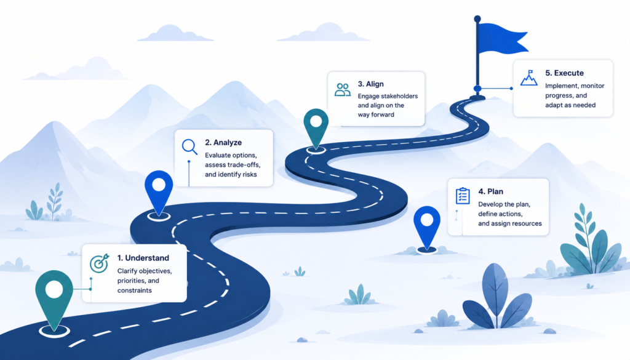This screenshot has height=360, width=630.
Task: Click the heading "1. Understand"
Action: pyautogui.click(x=143, y=258)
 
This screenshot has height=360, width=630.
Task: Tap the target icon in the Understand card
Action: pyautogui.click(x=99, y=263)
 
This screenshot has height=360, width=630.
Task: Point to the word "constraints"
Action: pyautogui.click(x=135, y=290)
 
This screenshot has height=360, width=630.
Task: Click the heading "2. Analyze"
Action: pyautogui.click(x=223, y=143)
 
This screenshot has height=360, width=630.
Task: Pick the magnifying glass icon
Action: pyautogui.click(x=189, y=146)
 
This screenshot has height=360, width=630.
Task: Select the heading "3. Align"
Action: pyautogui.click(x=371, y=84)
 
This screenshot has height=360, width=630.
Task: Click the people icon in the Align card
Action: pyautogui.click(x=343, y=90)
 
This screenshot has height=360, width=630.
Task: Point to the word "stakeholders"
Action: pyautogui.click(x=399, y=96)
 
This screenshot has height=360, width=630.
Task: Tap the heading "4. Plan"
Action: pyautogui.click(x=490, y=191)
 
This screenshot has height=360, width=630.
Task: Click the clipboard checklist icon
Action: pyautogui.click(x=463, y=196)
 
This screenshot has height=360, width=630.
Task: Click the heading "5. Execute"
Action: pyautogui.click(x=565, y=73)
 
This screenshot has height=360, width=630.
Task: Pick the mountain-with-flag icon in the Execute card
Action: pyautogui.click(x=528, y=78)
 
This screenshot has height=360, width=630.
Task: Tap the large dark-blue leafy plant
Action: pyautogui.click(x=497, y=297)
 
